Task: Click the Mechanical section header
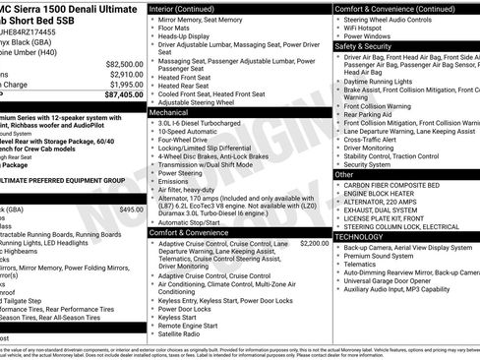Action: pyautogui.click(x=169, y=113)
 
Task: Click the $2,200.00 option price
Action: pyautogui.click(x=315, y=242)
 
